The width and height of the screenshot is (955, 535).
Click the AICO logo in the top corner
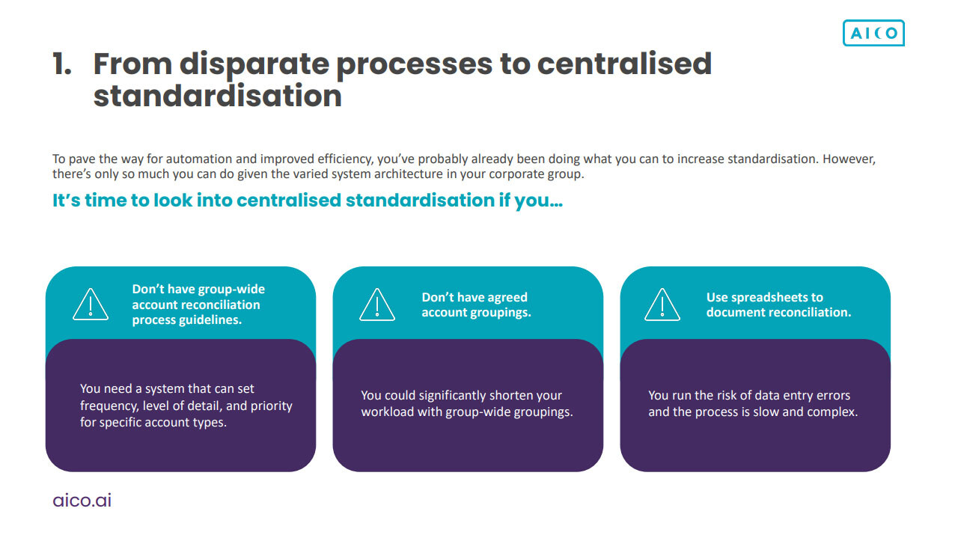coord(873,33)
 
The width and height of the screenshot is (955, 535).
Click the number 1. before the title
coord(62,64)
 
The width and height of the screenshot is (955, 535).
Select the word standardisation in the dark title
coord(218,96)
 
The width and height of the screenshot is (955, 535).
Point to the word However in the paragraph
coord(849,159)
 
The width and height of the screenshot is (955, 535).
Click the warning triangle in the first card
coord(91,305)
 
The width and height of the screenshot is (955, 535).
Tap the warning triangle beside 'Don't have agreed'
coord(377,305)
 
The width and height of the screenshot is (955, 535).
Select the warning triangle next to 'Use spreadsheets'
coord(662,305)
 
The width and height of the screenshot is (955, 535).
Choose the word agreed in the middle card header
coord(507,298)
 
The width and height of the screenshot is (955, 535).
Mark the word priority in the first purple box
coord(271,406)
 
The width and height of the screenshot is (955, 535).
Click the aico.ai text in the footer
coord(82,500)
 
